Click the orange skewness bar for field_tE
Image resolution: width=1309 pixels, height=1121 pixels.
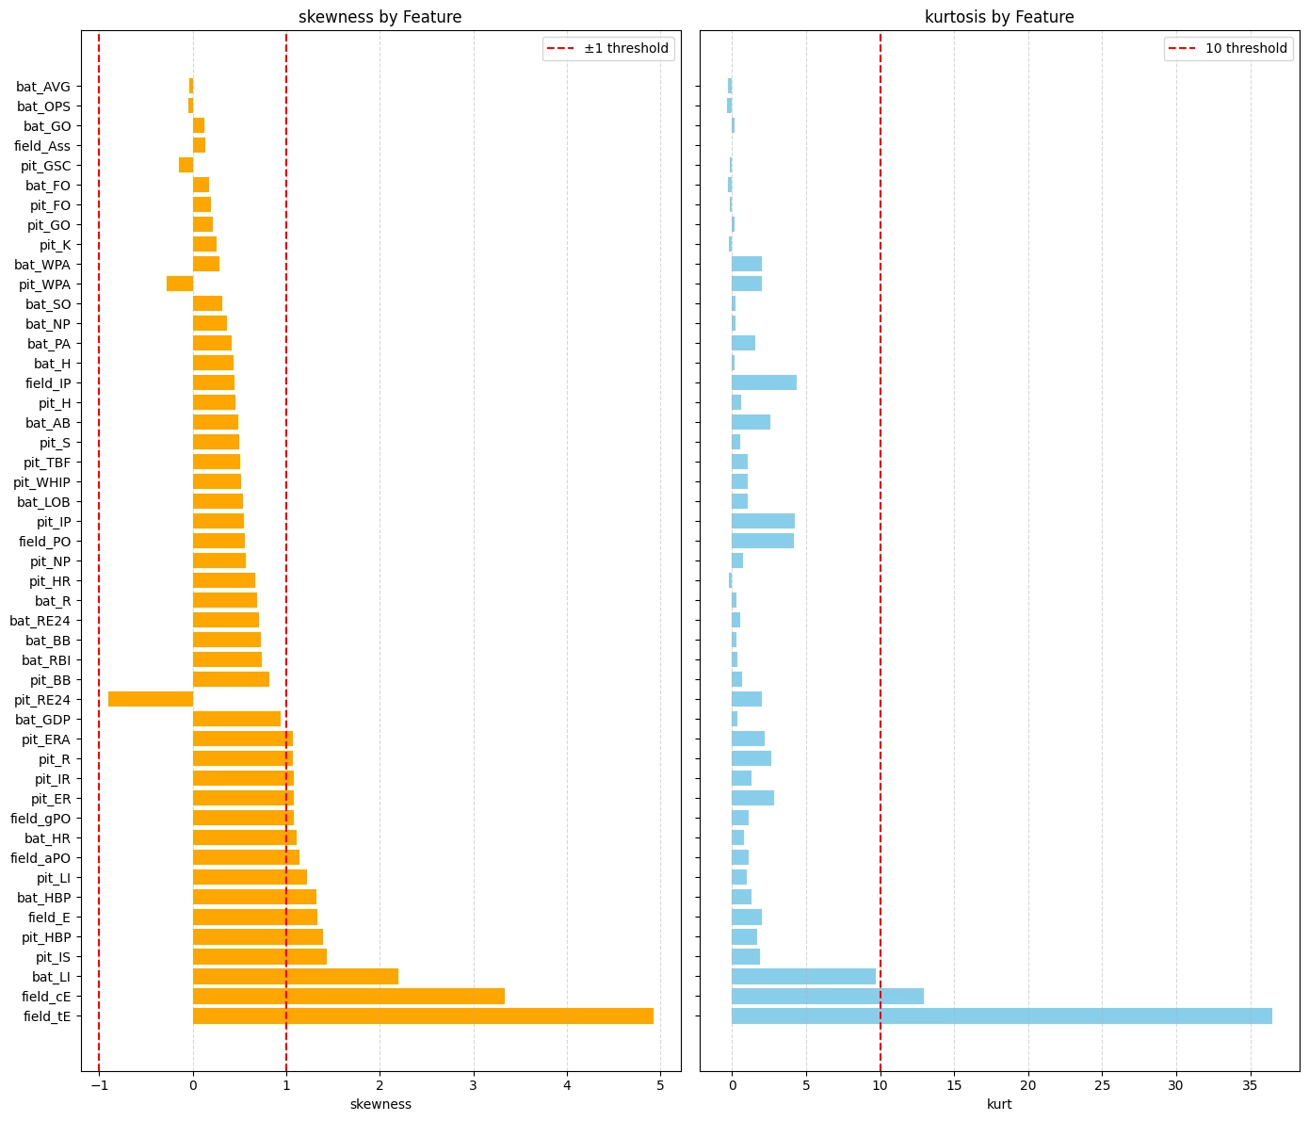pyautogui.click(x=423, y=1015)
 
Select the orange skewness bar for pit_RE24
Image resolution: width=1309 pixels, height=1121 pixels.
pyautogui.click(x=151, y=699)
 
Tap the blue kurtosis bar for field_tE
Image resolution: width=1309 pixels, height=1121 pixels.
pyautogui.click(x=1001, y=1015)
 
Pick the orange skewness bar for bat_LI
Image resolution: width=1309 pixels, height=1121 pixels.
pyautogui.click(x=296, y=976)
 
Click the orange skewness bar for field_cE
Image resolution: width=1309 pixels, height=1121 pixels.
pyautogui.click(x=348, y=996)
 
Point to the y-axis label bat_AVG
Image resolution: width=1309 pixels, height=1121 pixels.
pyautogui.click(x=43, y=87)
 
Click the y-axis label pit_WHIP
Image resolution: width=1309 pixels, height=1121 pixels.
pyautogui.click(x=41, y=482)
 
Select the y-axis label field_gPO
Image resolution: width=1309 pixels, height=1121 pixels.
pyautogui.click(x=40, y=819)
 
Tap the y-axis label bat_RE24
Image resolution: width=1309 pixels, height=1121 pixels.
pyautogui.click(x=40, y=621)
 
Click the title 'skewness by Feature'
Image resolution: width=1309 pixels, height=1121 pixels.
pyautogui.click(x=380, y=17)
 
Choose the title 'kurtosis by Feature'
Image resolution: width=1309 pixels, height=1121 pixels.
pyautogui.click(x=999, y=17)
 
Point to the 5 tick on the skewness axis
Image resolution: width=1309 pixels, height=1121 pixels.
pyautogui.click(x=660, y=1084)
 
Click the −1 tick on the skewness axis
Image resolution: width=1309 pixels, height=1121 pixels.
pyautogui.click(x=99, y=1084)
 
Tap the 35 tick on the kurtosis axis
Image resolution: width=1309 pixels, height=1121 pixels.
pyautogui.click(x=1250, y=1084)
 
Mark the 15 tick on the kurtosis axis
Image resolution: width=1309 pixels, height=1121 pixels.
pyautogui.click(x=954, y=1084)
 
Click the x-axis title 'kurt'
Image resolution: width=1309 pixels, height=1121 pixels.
pyautogui.click(x=999, y=1104)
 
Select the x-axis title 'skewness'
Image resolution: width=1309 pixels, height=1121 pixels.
pyautogui.click(x=380, y=1104)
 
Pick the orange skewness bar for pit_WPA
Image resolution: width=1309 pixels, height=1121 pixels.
pyautogui.click(x=180, y=284)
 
